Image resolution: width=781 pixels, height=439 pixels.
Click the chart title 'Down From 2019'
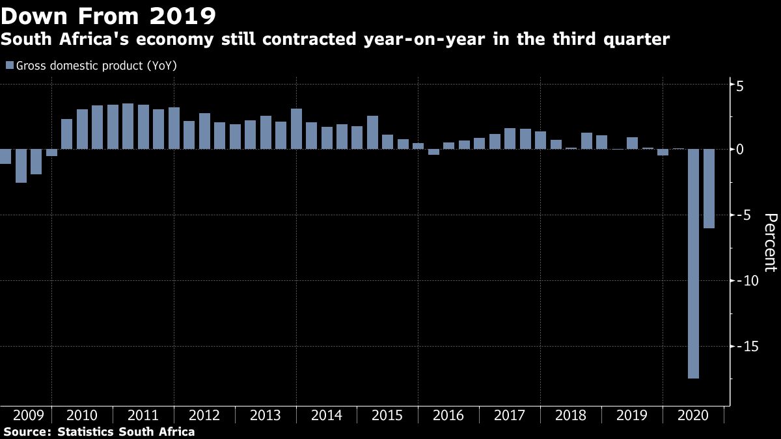(109, 14)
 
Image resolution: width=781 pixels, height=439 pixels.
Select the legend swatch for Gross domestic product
(9, 66)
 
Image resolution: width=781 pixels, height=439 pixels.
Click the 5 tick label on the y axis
(741, 86)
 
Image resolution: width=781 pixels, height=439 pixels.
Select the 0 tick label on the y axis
(741, 150)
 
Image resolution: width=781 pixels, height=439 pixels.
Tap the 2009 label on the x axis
(29, 416)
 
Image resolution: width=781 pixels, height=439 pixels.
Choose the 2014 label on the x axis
(326, 416)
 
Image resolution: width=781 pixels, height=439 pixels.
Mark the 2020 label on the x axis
(692, 416)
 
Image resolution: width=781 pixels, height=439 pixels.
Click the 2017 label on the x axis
(510, 416)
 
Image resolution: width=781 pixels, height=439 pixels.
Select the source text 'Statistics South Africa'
(126, 431)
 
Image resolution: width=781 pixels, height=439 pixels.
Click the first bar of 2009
(5, 156)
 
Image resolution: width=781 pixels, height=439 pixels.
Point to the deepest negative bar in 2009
(21, 166)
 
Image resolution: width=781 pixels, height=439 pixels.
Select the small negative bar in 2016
(433, 152)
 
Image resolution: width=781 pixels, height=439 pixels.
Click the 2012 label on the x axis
(204, 416)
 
